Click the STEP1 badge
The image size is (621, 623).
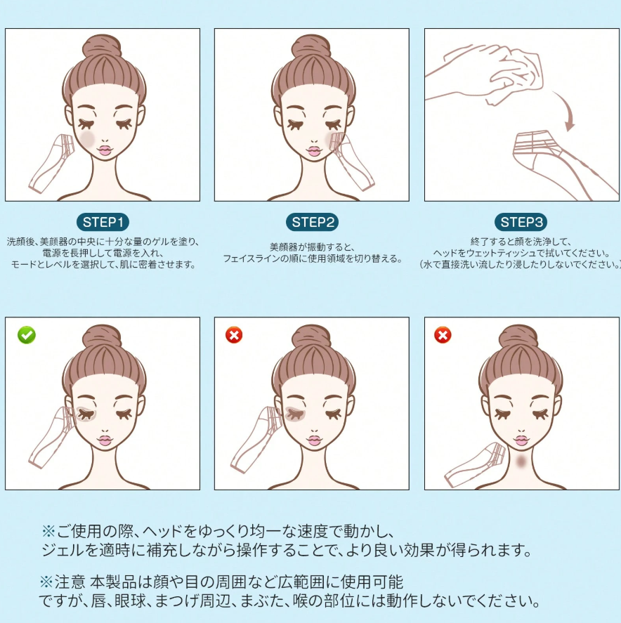click(103, 223)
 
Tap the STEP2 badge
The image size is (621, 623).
click(312, 223)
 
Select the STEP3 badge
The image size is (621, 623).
click(522, 223)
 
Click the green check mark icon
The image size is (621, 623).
click(27, 335)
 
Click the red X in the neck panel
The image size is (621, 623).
click(443, 335)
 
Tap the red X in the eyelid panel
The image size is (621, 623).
click(234, 335)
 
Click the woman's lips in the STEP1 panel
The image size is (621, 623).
click(104, 150)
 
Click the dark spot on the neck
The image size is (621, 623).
click(521, 462)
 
